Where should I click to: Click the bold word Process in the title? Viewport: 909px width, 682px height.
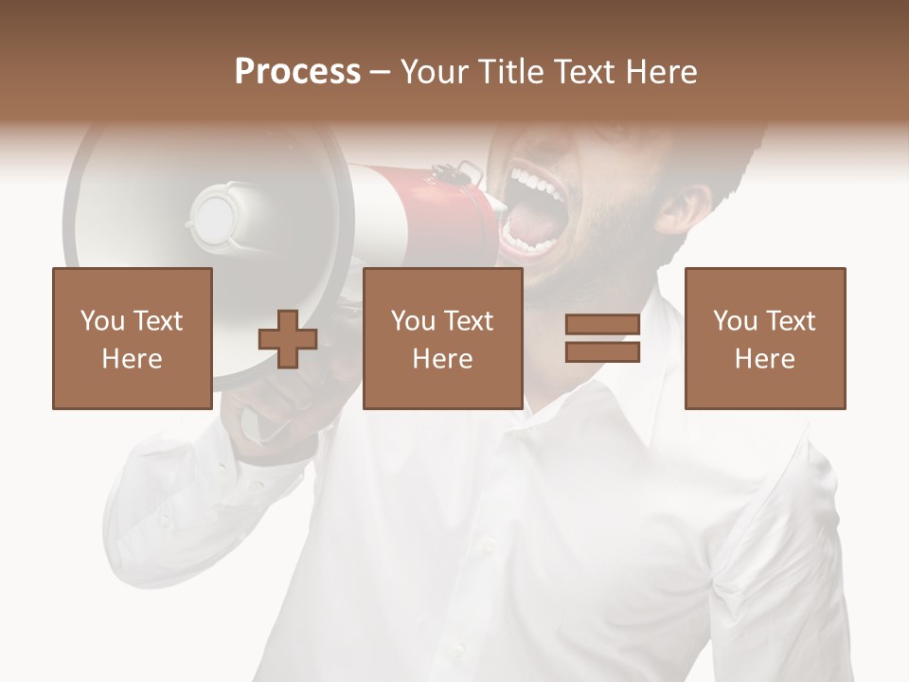[297, 72]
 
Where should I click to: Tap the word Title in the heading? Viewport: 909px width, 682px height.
[509, 72]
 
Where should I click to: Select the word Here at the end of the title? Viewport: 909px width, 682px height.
[660, 72]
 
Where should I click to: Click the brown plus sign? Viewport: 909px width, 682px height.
[288, 339]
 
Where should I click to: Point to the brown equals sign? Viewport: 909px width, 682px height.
[602, 339]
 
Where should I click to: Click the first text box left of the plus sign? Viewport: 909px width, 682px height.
[132, 338]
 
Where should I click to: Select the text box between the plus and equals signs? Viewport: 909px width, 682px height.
[442, 338]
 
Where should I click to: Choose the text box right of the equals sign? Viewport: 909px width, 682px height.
[764, 338]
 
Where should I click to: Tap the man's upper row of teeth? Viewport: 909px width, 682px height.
[536, 180]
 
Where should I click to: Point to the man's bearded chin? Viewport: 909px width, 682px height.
[568, 284]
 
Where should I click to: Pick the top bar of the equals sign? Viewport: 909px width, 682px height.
[602, 325]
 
